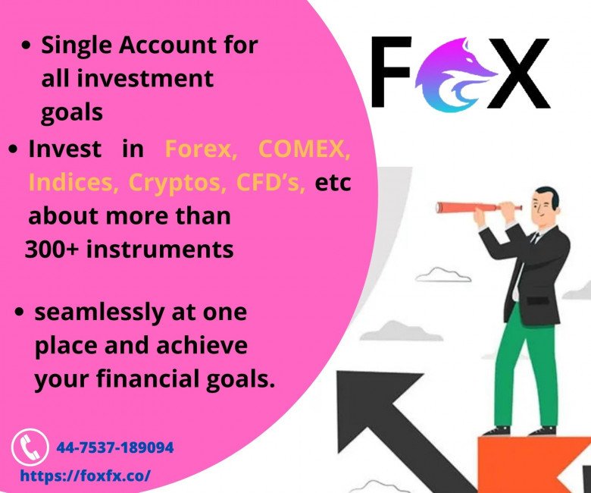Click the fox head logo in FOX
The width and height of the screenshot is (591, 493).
[456, 74]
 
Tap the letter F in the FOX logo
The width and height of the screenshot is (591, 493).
[390, 71]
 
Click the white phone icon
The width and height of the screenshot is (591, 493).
[30, 447]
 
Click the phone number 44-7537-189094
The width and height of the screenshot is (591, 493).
[115, 447]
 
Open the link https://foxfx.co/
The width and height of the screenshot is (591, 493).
[85, 476]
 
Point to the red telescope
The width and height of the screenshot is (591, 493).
[479, 207]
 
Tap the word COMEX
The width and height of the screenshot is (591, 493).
[305, 149]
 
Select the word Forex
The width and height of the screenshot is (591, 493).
[201, 149]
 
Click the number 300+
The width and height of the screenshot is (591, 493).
[52, 250]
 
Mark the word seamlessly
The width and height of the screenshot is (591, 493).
[99, 313]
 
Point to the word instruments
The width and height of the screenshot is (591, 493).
[160, 250]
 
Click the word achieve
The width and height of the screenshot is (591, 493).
[202, 345]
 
